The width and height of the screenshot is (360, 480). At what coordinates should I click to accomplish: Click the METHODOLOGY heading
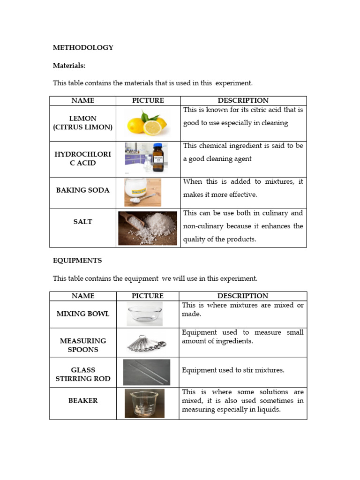pos(83,47)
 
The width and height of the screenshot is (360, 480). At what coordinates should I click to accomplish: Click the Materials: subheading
pos(69,66)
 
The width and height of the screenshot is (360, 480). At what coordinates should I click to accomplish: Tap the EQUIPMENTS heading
pos(77,260)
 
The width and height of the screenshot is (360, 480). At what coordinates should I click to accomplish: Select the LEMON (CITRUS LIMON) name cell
pos(83,123)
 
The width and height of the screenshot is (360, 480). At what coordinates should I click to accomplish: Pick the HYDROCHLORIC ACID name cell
pos(83,158)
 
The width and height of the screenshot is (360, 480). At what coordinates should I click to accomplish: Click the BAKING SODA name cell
pos(83,190)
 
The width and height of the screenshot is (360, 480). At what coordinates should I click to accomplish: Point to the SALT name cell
pos(83,221)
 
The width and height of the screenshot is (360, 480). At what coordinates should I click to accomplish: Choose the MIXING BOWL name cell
pos(83,314)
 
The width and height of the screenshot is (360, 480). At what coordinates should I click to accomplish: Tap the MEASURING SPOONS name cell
pos(83,345)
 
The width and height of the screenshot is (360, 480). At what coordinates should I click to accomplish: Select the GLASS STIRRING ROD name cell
pos(83,374)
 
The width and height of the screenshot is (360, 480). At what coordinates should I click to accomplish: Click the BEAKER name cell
pos(83,400)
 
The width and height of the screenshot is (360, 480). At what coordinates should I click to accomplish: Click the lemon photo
pos(147,123)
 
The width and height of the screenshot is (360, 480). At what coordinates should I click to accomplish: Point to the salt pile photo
pos(148,228)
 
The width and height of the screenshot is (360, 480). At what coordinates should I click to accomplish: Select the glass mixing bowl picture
pos(145,314)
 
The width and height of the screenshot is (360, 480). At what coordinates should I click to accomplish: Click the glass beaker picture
pos(144,403)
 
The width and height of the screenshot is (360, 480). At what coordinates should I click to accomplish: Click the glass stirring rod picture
pos(147,372)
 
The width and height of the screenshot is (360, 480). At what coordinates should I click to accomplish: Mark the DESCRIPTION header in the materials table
pos(243,100)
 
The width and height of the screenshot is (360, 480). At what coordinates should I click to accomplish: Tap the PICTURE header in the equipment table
pos(148,296)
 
